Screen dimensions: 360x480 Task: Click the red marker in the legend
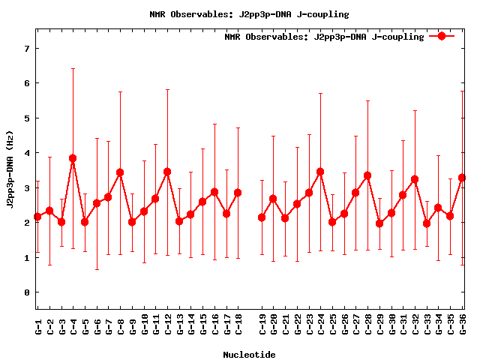coord(442,36)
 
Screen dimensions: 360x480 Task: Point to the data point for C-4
coord(73,158)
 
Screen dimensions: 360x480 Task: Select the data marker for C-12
coord(167,172)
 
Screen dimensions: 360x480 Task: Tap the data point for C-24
coord(320,172)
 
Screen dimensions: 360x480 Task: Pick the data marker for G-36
coord(462,178)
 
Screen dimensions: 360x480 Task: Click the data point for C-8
coord(120,172)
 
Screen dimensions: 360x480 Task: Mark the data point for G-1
coord(37,217)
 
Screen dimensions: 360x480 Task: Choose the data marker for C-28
coord(367,175)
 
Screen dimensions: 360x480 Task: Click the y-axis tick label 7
coord(27,49)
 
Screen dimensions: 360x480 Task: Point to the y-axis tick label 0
coord(27,292)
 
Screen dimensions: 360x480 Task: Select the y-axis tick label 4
coord(27,153)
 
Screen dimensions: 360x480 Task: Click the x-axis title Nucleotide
coord(249,354)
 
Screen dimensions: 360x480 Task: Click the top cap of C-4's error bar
coord(73,69)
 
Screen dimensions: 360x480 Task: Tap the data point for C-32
coord(415,179)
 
